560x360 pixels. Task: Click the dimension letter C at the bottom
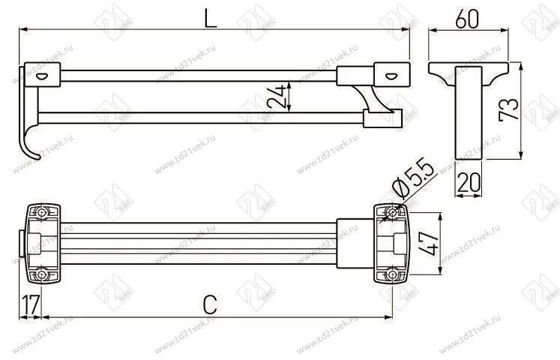click(x=211, y=304)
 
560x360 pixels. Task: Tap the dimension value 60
click(x=468, y=20)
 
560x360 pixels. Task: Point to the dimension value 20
click(x=469, y=182)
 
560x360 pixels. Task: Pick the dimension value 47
click(x=427, y=244)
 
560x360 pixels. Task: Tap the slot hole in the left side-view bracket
click(x=41, y=75)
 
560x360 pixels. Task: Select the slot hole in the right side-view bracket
click(x=392, y=75)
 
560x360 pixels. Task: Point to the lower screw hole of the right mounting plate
click(x=391, y=275)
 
